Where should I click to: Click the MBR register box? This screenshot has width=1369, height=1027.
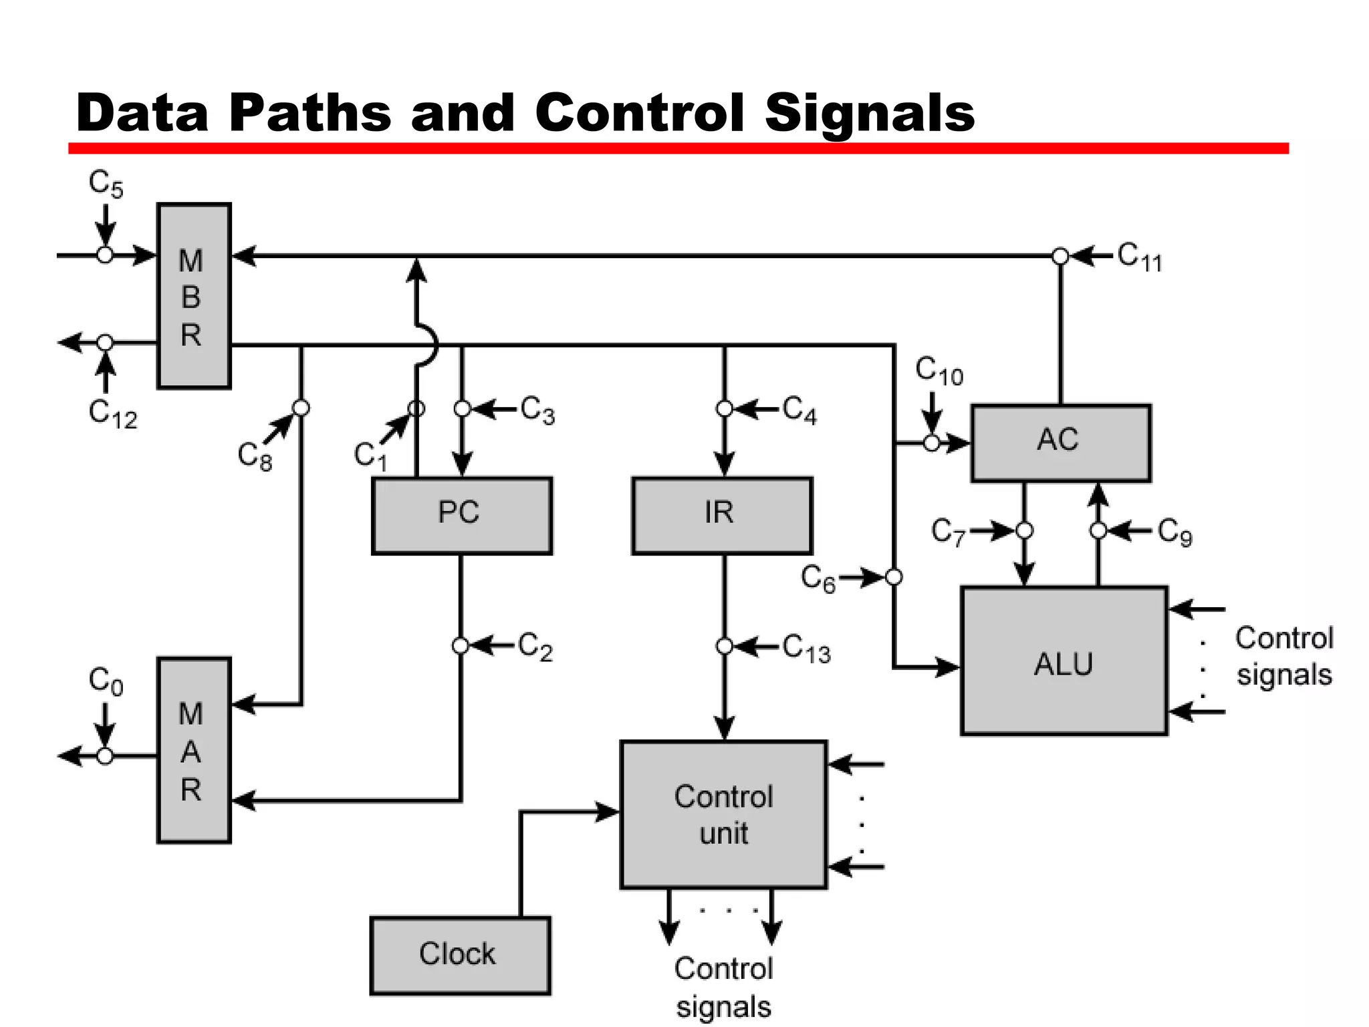click(x=194, y=296)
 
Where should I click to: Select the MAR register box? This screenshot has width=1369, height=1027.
click(x=194, y=750)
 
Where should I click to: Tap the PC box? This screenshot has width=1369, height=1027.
click(x=461, y=515)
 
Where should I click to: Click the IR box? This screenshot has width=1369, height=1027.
click(x=722, y=515)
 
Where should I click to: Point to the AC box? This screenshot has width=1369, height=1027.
click(x=1061, y=442)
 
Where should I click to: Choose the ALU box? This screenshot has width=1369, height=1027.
click(x=1064, y=661)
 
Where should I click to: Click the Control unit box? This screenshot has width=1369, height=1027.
click(x=724, y=814)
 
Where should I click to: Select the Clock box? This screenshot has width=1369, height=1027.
click(x=460, y=955)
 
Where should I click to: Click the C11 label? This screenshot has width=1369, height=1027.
click(x=1140, y=257)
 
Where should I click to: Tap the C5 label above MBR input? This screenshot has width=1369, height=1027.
click(x=106, y=183)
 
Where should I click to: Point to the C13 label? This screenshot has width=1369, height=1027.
click(x=806, y=649)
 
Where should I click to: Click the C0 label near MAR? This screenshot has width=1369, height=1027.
click(x=106, y=681)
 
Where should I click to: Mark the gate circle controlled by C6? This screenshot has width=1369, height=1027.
click(x=894, y=577)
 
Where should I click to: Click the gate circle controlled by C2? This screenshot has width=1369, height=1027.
click(x=461, y=646)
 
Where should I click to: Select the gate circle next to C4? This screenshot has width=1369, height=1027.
click(x=724, y=409)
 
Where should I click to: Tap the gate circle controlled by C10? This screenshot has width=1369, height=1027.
click(x=932, y=443)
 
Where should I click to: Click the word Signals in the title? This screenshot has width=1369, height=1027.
click(x=869, y=112)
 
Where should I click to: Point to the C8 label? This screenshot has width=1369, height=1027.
click(x=255, y=457)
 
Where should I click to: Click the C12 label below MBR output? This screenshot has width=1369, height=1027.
click(x=112, y=414)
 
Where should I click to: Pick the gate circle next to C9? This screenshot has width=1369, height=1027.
click(x=1098, y=531)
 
